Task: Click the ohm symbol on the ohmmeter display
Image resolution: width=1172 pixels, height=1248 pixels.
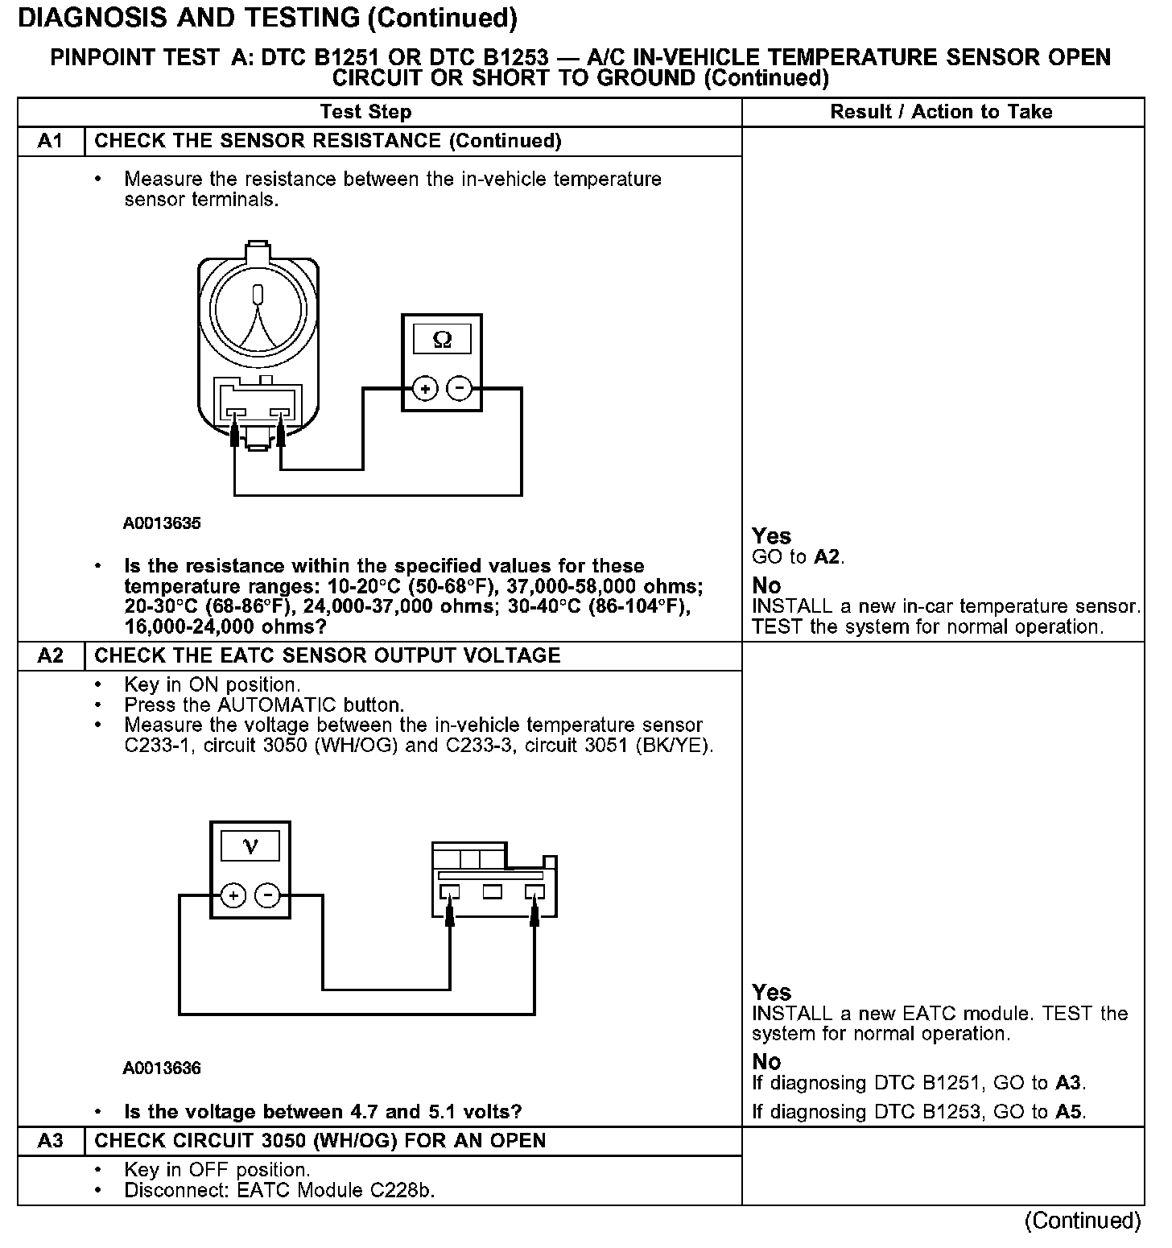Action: coord(442,340)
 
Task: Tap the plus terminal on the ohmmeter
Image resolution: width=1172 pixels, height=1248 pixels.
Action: coord(425,389)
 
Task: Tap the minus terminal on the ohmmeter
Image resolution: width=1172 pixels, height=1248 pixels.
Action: coord(459,389)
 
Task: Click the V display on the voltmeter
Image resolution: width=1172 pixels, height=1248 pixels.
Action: coord(250,846)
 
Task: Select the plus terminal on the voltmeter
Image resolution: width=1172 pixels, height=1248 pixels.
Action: coord(233,895)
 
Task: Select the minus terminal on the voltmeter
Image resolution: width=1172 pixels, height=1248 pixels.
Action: coord(267,895)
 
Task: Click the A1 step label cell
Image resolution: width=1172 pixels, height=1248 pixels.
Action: coord(51,142)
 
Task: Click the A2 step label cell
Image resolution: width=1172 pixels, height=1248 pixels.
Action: coord(51,655)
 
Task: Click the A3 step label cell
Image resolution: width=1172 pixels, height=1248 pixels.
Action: coord(51,1141)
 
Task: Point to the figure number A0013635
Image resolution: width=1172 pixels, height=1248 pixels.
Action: coord(162,523)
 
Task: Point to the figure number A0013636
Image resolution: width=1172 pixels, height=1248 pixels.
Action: coord(162,1068)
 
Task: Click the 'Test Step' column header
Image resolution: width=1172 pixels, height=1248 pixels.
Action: coord(365,112)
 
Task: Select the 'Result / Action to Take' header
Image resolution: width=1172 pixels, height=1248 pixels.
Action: coord(941,112)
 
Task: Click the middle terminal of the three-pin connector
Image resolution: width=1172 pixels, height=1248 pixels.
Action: coord(492,891)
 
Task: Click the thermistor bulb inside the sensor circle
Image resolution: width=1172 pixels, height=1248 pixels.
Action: coord(258,294)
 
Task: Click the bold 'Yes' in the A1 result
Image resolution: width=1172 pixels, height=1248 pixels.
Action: coord(771,536)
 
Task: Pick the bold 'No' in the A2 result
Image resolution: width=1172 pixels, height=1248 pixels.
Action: coord(766,1061)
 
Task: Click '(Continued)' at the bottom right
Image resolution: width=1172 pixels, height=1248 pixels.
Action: coord(1083,1221)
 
